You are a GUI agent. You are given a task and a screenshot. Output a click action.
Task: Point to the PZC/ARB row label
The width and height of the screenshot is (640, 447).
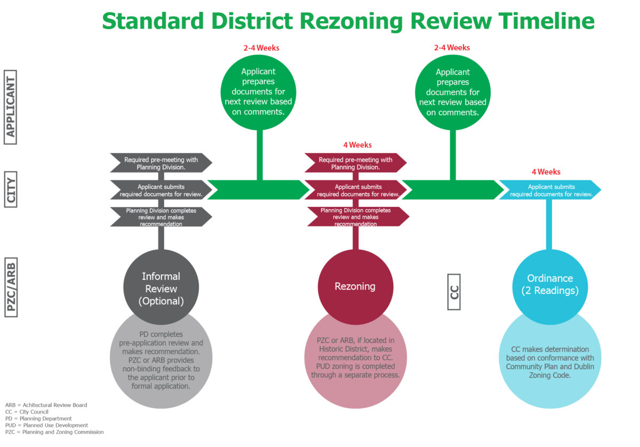(10, 286)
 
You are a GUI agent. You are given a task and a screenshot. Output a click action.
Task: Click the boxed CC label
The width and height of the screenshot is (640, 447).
(453, 292)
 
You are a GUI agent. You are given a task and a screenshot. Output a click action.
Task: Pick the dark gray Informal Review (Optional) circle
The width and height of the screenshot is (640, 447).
(161, 288)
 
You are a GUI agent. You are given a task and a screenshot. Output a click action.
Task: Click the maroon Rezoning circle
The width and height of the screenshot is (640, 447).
(355, 286)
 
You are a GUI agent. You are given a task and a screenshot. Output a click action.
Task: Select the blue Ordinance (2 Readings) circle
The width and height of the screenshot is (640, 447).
(549, 285)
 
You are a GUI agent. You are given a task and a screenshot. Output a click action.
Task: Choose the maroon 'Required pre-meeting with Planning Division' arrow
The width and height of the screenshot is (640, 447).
(356, 163)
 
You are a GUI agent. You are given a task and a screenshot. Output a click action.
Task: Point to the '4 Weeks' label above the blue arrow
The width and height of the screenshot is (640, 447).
(546, 172)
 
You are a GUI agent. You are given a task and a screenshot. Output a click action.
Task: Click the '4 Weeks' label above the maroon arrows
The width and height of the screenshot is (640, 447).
(357, 145)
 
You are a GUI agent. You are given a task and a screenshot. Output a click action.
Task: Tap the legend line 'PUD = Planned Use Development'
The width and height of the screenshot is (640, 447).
(46, 425)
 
